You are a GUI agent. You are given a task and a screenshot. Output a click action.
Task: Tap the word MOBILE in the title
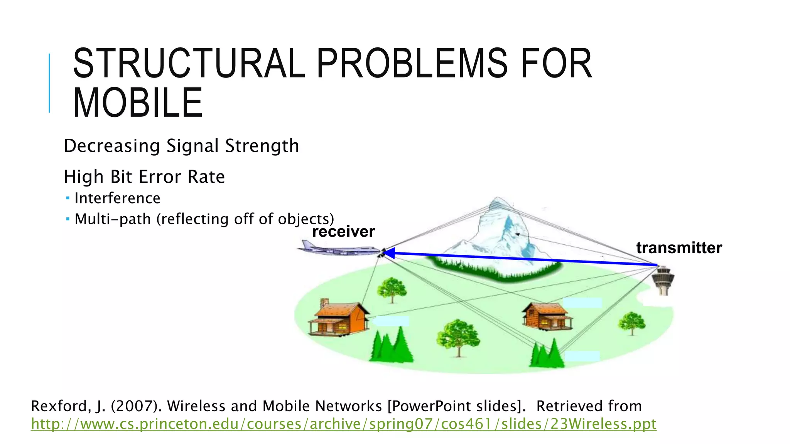click(x=138, y=103)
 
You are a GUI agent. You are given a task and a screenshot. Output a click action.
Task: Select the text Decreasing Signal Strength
click(x=181, y=146)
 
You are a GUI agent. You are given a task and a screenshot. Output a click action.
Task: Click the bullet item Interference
click(x=117, y=198)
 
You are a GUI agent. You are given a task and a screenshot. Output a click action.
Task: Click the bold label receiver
click(x=343, y=232)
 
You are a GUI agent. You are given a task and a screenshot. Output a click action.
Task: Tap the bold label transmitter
click(x=679, y=248)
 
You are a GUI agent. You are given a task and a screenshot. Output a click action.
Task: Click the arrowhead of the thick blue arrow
click(x=389, y=253)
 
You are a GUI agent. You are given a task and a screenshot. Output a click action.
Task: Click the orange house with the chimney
click(x=338, y=318)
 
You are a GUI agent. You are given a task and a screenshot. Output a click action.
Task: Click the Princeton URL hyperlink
click(x=343, y=424)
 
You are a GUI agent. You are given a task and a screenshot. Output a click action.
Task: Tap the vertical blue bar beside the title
click(x=49, y=83)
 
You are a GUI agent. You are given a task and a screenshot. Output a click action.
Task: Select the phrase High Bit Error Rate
click(x=144, y=177)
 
